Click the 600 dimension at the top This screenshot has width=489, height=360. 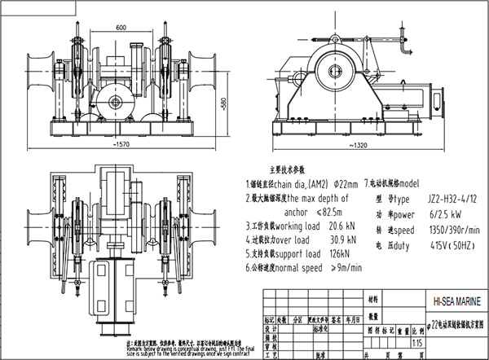coord(120,27)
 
